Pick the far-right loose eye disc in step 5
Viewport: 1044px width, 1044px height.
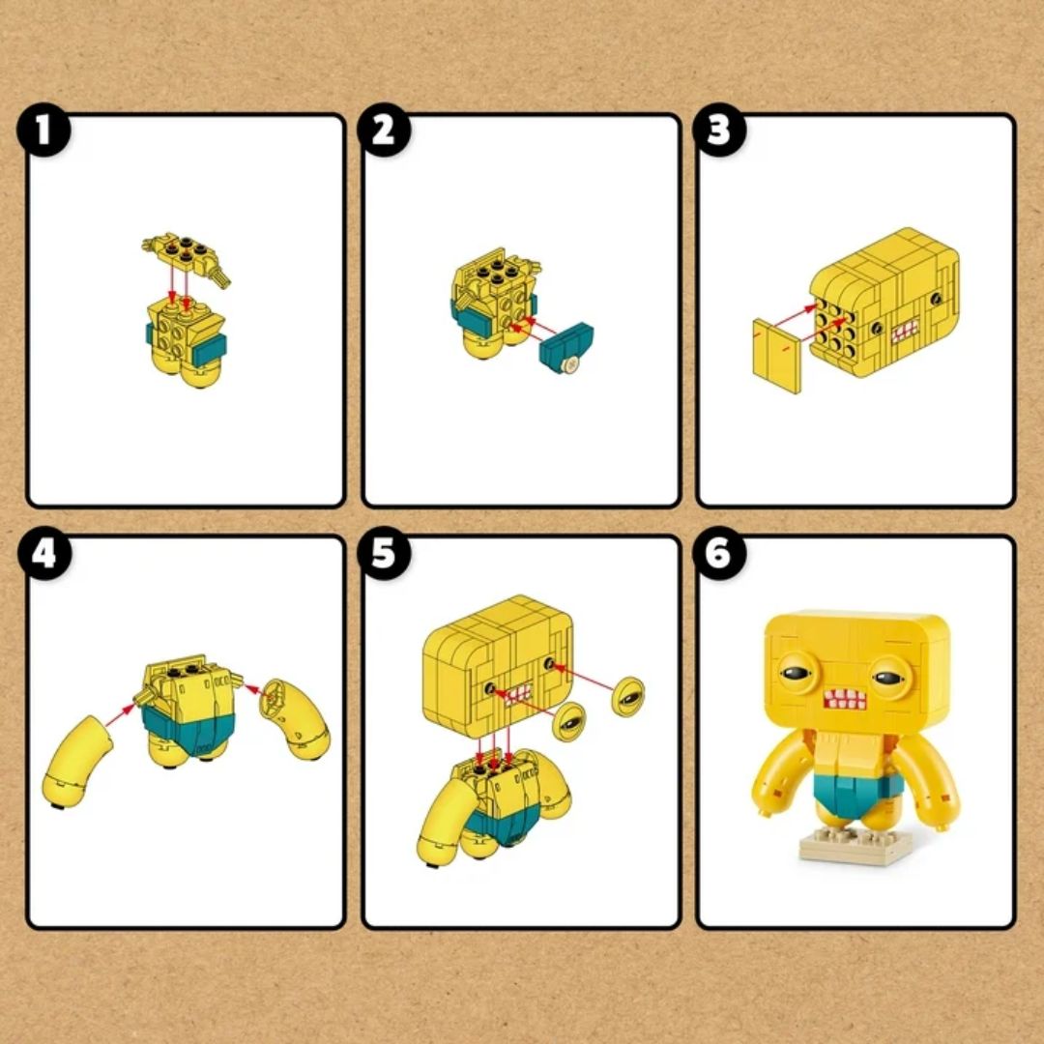click(x=628, y=694)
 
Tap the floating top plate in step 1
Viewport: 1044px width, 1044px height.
click(x=186, y=252)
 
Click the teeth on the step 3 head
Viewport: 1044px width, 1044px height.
click(x=905, y=333)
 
